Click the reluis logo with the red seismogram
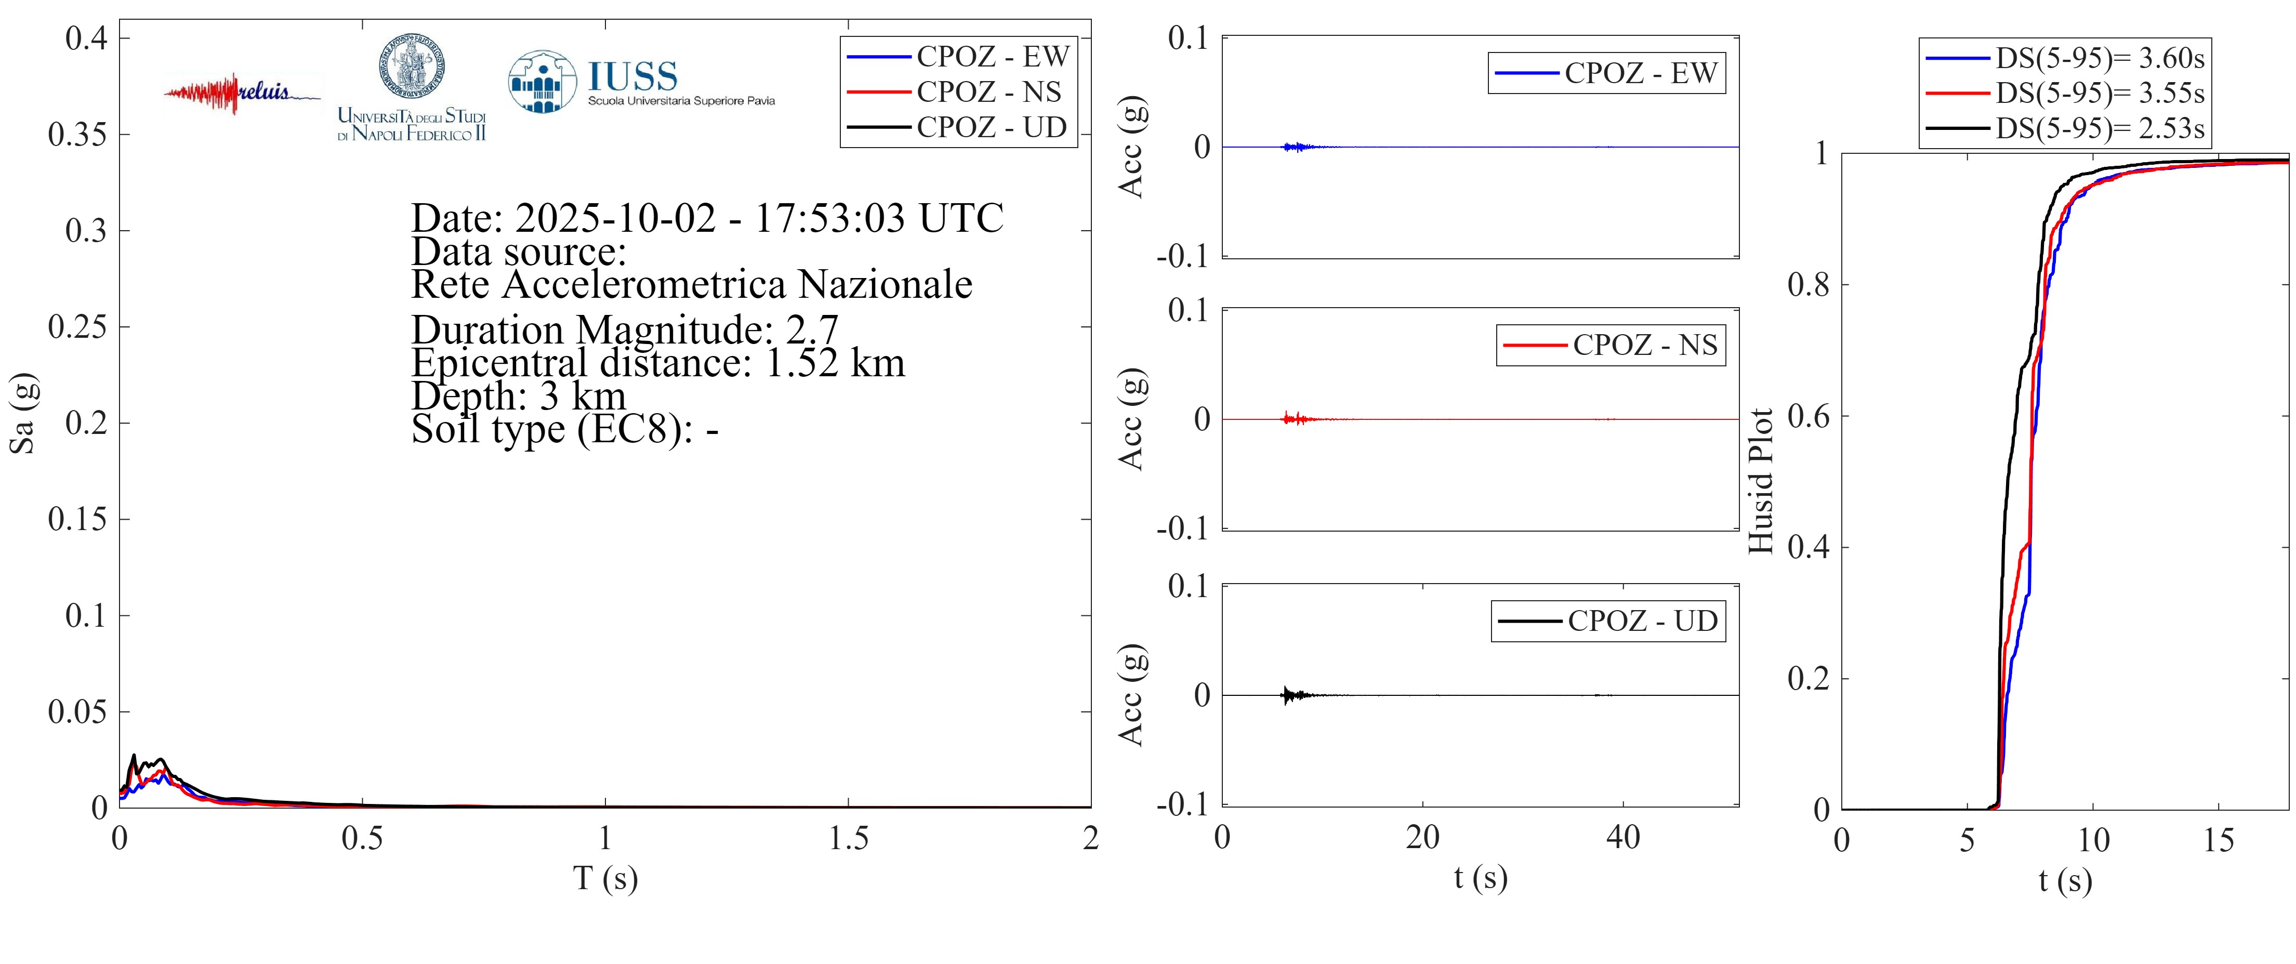(241, 93)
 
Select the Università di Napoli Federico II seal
(412, 68)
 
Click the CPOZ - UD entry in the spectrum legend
(990, 127)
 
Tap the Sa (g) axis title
(22, 413)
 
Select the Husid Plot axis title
(1760, 481)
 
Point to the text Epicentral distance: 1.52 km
(658, 363)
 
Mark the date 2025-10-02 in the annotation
(615, 218)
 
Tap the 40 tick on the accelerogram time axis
(1622, 838)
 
